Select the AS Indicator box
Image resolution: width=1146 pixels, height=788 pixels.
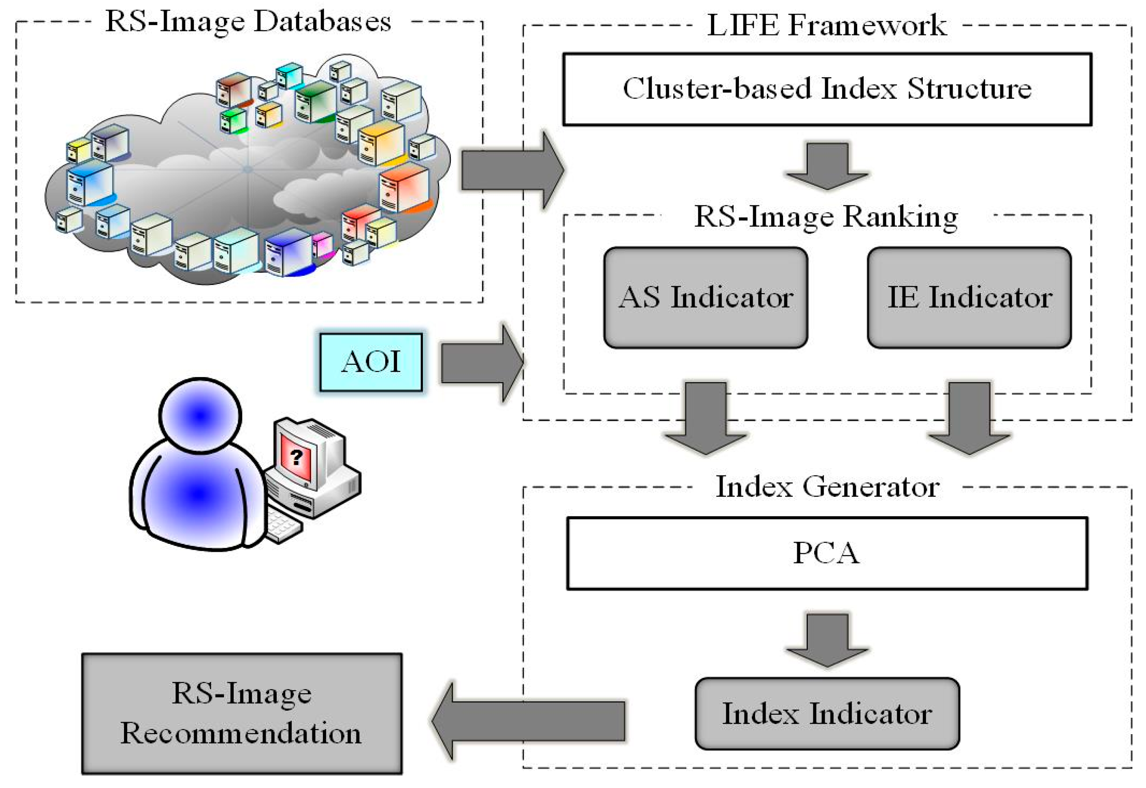(x=705, y=298)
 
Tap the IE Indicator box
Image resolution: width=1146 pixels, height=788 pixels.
(x=969, y=298)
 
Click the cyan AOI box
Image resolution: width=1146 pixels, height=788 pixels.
(x=371, y=362)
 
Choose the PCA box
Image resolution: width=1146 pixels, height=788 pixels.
(x=827, y=553)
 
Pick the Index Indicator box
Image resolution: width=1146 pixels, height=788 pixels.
(x=827, y=713)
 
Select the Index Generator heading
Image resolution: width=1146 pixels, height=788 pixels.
(x=827, y=487)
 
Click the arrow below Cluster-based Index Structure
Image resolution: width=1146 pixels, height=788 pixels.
(x=827, y=165)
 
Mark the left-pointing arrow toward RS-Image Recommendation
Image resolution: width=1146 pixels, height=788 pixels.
(x=529, y=720)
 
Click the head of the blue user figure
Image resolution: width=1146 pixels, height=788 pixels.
(x=200, y=416)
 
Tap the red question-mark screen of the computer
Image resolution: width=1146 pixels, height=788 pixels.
(x=295, y=457)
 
